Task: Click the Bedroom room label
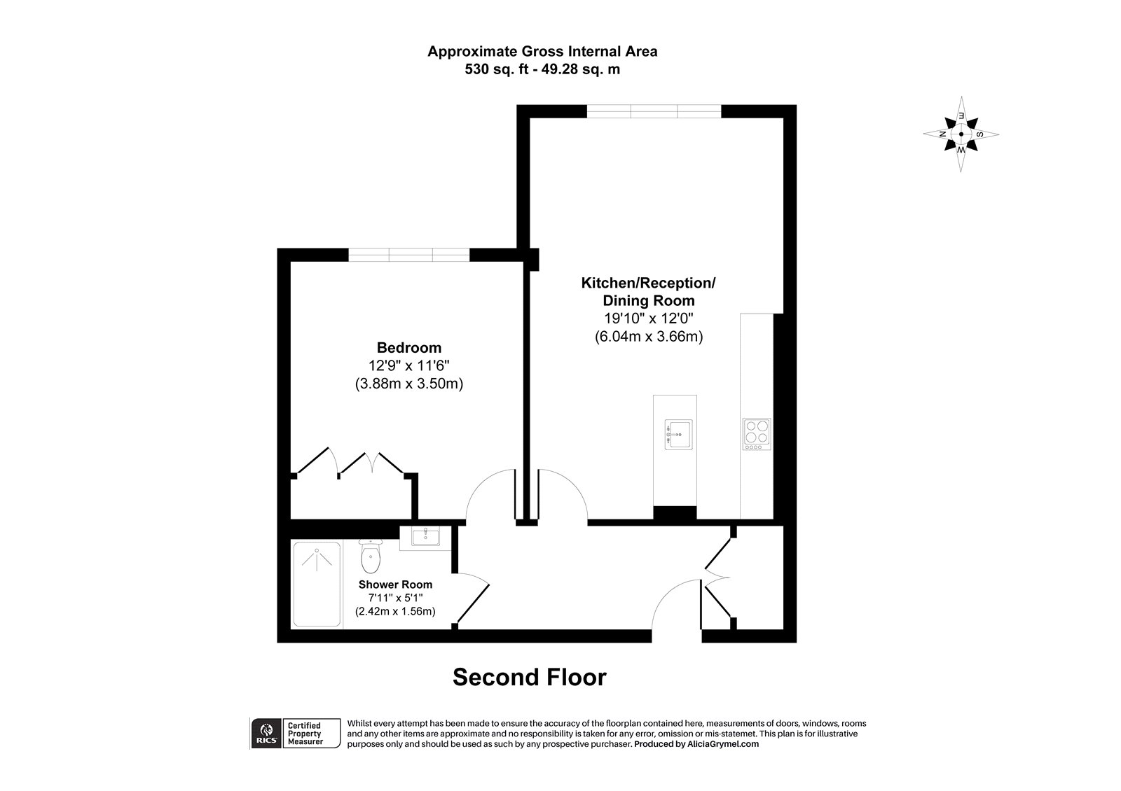[x=409, y=347]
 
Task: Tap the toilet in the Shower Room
[x=369, y=557]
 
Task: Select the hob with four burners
[x=756, y=434]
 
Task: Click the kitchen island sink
[x=678, y=434]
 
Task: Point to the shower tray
[x=317, y=584]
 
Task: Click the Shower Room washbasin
[x=425, y=537]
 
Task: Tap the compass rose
[x=961, y=134]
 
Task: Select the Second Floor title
[x=529, y=677]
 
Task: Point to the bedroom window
[x=408, y=255]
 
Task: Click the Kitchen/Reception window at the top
[x=653, y=111]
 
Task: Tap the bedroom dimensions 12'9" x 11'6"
[x=409, y=365]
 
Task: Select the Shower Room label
[x=395, y=584]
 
